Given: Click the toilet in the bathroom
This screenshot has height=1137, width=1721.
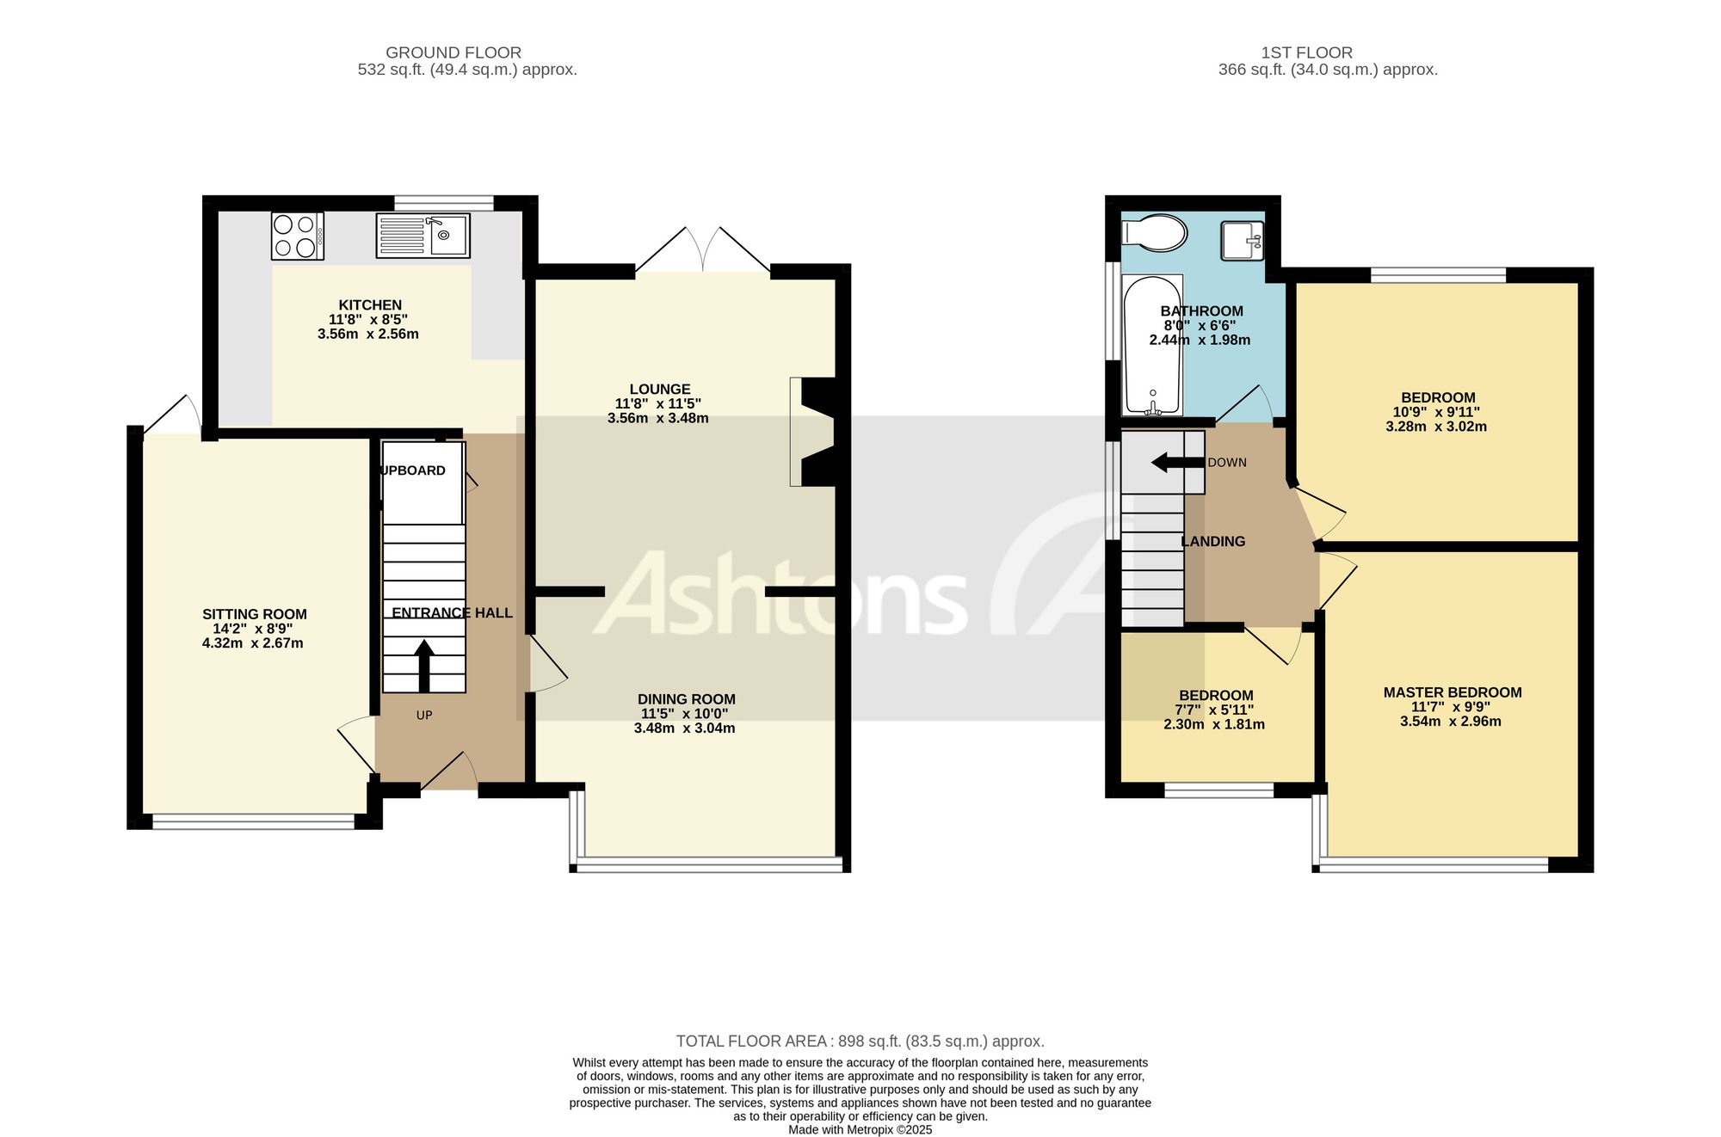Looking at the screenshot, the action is pyautogui.click(x=1154, y=233).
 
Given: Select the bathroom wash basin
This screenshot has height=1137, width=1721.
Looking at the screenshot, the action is pyautogui.click(x=1242, y=240).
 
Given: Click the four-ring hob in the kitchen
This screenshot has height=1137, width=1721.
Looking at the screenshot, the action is pyautogui.click(x=298, y=236).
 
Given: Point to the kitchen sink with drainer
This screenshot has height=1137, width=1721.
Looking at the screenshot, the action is pyautogui.click(x=423, y=236).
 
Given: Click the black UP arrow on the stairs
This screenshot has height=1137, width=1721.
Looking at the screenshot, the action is pyautogui.click(x=424, y=666).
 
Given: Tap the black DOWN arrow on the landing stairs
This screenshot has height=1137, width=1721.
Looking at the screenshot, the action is pyautogui.click(x=1178, y=463).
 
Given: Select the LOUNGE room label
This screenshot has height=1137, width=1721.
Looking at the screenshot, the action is pyautogui.click(x=660, y=390).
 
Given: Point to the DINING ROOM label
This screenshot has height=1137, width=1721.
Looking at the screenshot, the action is pyautogui.click(x=687, y=700).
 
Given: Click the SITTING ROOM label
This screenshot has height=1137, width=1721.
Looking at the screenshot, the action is pyautogui.click(x=255, y=615).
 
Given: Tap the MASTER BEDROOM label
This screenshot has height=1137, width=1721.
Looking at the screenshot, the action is pyautogui.click(x=1453, y=693).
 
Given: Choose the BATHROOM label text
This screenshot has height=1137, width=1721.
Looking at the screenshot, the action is pyautogui.click(x=1202, y=311).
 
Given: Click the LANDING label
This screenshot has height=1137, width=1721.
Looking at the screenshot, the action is pyautogui.click(x=1213, y=542).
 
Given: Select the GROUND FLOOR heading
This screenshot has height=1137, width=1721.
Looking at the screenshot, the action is pyautogui.click(x=453, y=52).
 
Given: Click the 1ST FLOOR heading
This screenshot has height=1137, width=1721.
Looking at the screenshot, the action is pyautogui.click(x=1307, y=52).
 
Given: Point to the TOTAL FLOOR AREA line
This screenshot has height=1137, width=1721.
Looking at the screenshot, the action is pyautogui.click(x=860, y=1042).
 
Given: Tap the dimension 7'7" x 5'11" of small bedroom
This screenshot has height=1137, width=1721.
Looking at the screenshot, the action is pyautogui.click(x=1214, y=710).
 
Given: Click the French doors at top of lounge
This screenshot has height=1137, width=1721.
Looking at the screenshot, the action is pyautogui.click(x=703, y=250).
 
